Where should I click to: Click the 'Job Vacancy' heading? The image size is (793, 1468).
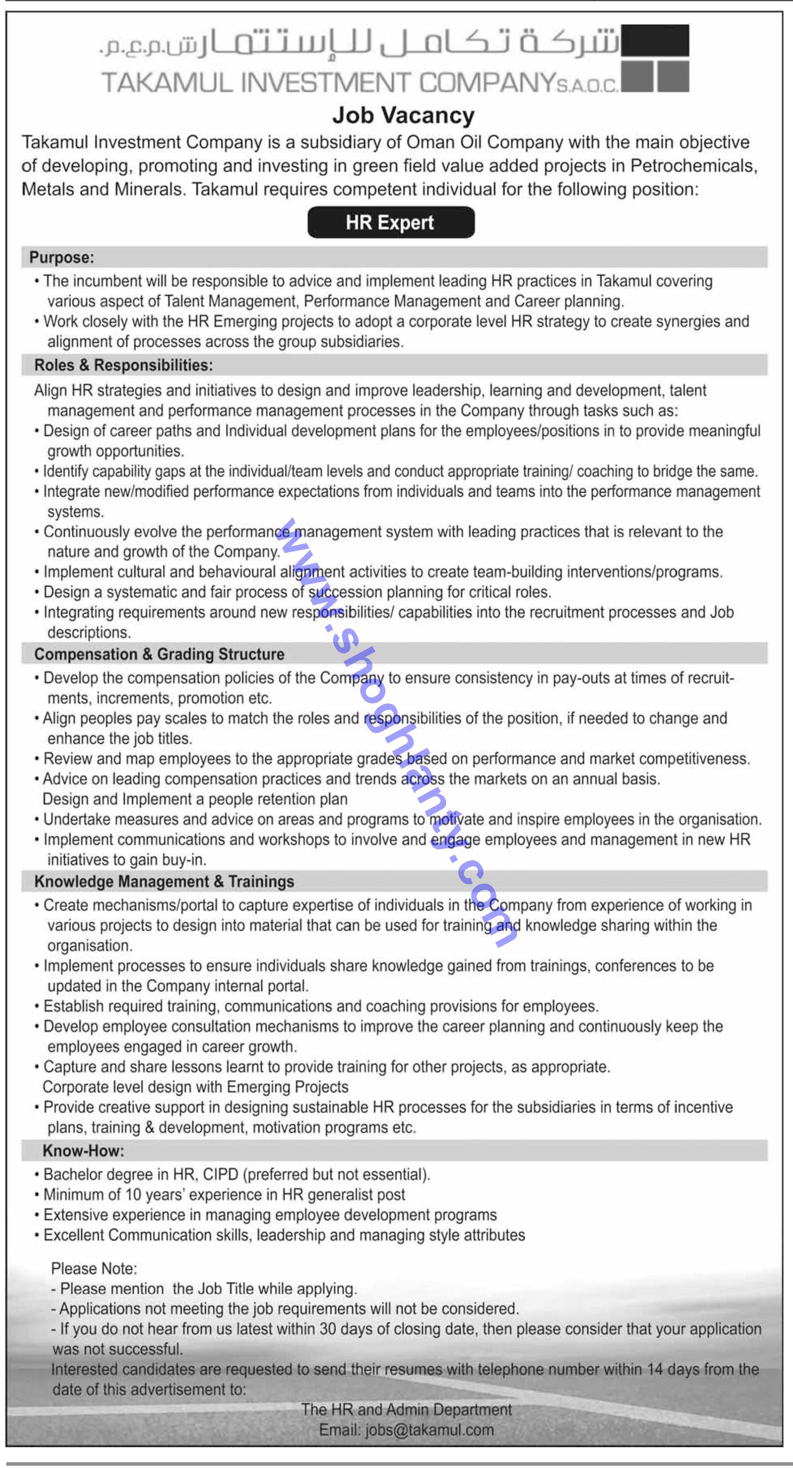point(403,116)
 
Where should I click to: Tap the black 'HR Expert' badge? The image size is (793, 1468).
point(390,222)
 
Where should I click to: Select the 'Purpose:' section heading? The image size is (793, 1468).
point(62,257)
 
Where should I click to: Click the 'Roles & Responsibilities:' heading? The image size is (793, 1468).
point(124,365)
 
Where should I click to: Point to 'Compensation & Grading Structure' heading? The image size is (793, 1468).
point(159,654)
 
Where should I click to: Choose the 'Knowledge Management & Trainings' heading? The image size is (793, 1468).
point(164,882)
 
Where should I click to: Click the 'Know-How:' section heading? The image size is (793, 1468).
point(83,1151)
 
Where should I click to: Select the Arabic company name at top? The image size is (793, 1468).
point(359,43)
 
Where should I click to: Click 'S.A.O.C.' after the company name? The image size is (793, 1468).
point(587,86)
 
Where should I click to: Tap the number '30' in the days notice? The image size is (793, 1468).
point(327,1329)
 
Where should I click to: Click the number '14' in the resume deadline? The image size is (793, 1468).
point(655,1369)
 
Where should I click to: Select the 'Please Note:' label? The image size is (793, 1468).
point(94,1269)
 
